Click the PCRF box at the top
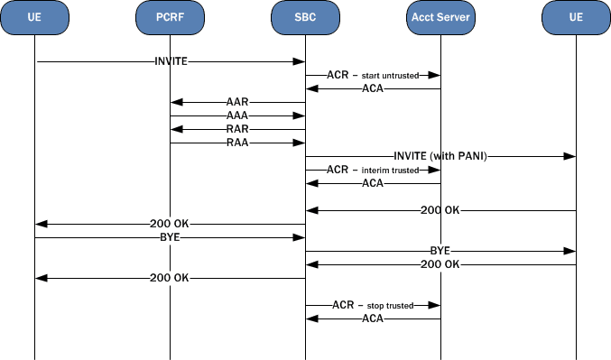(x=170, y=17)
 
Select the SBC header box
(x=305, y=17)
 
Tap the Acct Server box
(x=440, y=17)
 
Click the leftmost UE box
(x=34, y=17)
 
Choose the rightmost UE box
(x=576, y=17)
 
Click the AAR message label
(x=237, y=102)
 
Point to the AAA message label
(x=237, y=115)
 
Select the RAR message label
(x=237, y=129)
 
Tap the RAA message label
(x=237, y=143)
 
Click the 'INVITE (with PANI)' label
(x=440, y=156)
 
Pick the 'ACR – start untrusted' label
(x=373, y=75)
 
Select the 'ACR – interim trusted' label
(x=373, y=170)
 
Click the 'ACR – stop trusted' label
(x=373, y=305)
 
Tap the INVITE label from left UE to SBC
(x=170, y=61)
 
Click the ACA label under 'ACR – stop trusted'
(x=373, y=318)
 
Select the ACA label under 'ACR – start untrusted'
(x=373, y=88)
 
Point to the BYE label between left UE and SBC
(x=170, y=237)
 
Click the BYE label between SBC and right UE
(x=440, y=251)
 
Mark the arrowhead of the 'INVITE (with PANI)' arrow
(x=570, y=156)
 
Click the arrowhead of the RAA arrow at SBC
(x=300, y=143)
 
